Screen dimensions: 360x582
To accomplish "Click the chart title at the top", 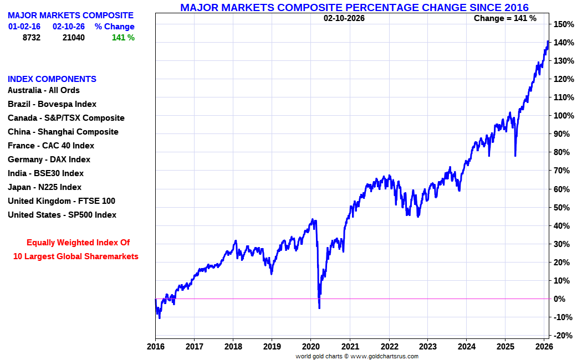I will point(354,7).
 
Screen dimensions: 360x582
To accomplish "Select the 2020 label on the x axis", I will point(310,347).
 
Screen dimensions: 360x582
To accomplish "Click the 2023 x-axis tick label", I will point(427,347).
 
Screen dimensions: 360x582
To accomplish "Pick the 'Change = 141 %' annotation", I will point(505,18).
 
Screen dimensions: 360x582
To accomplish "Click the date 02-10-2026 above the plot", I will point(344,18).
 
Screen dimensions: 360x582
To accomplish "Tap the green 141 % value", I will point(123,38).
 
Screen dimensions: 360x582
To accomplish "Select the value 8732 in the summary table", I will point(31,38).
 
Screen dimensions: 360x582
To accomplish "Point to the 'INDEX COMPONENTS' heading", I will point(52,79).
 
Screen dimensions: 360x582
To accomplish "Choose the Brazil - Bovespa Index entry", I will point(52,104).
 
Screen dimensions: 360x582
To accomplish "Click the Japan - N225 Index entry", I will point(44,187).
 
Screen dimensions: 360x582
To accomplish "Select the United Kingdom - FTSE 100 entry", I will point(62,201).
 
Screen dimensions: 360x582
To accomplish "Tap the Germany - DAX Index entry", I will point(49,160).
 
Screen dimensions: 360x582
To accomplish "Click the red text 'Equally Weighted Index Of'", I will point(78,243).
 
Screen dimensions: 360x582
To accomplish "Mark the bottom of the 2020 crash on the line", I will point(319,307).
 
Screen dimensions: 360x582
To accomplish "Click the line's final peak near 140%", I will point(548,41).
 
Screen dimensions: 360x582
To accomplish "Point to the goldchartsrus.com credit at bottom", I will point(357,356).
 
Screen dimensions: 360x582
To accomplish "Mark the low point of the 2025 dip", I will point(515,156).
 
